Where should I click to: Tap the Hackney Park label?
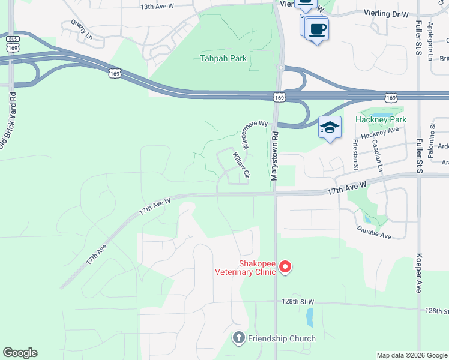point(381,119)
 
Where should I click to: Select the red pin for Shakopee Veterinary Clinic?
point(285,266)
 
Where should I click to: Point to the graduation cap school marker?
point(330,127)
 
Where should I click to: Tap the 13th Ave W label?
point(157,7)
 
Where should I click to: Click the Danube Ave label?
point(374,233)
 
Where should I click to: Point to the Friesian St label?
point(356,151)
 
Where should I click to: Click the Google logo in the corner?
point(20,353)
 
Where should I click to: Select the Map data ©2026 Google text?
point(411,355)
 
